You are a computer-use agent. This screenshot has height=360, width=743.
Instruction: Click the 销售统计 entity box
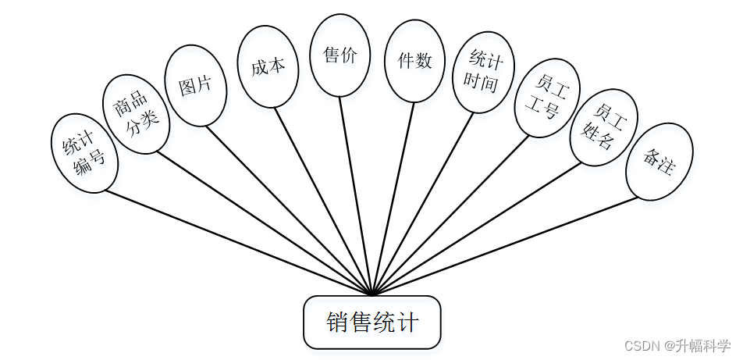coord(372,322)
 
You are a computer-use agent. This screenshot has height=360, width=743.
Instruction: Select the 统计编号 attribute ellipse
coord(84,153)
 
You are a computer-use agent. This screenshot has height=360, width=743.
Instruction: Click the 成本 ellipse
coord(268,66)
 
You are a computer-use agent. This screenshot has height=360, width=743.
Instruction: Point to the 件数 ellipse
coord(414,61)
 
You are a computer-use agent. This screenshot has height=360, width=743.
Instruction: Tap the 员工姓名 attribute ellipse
coord(604,127)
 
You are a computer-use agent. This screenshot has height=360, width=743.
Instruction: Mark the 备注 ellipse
coord(659,160)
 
